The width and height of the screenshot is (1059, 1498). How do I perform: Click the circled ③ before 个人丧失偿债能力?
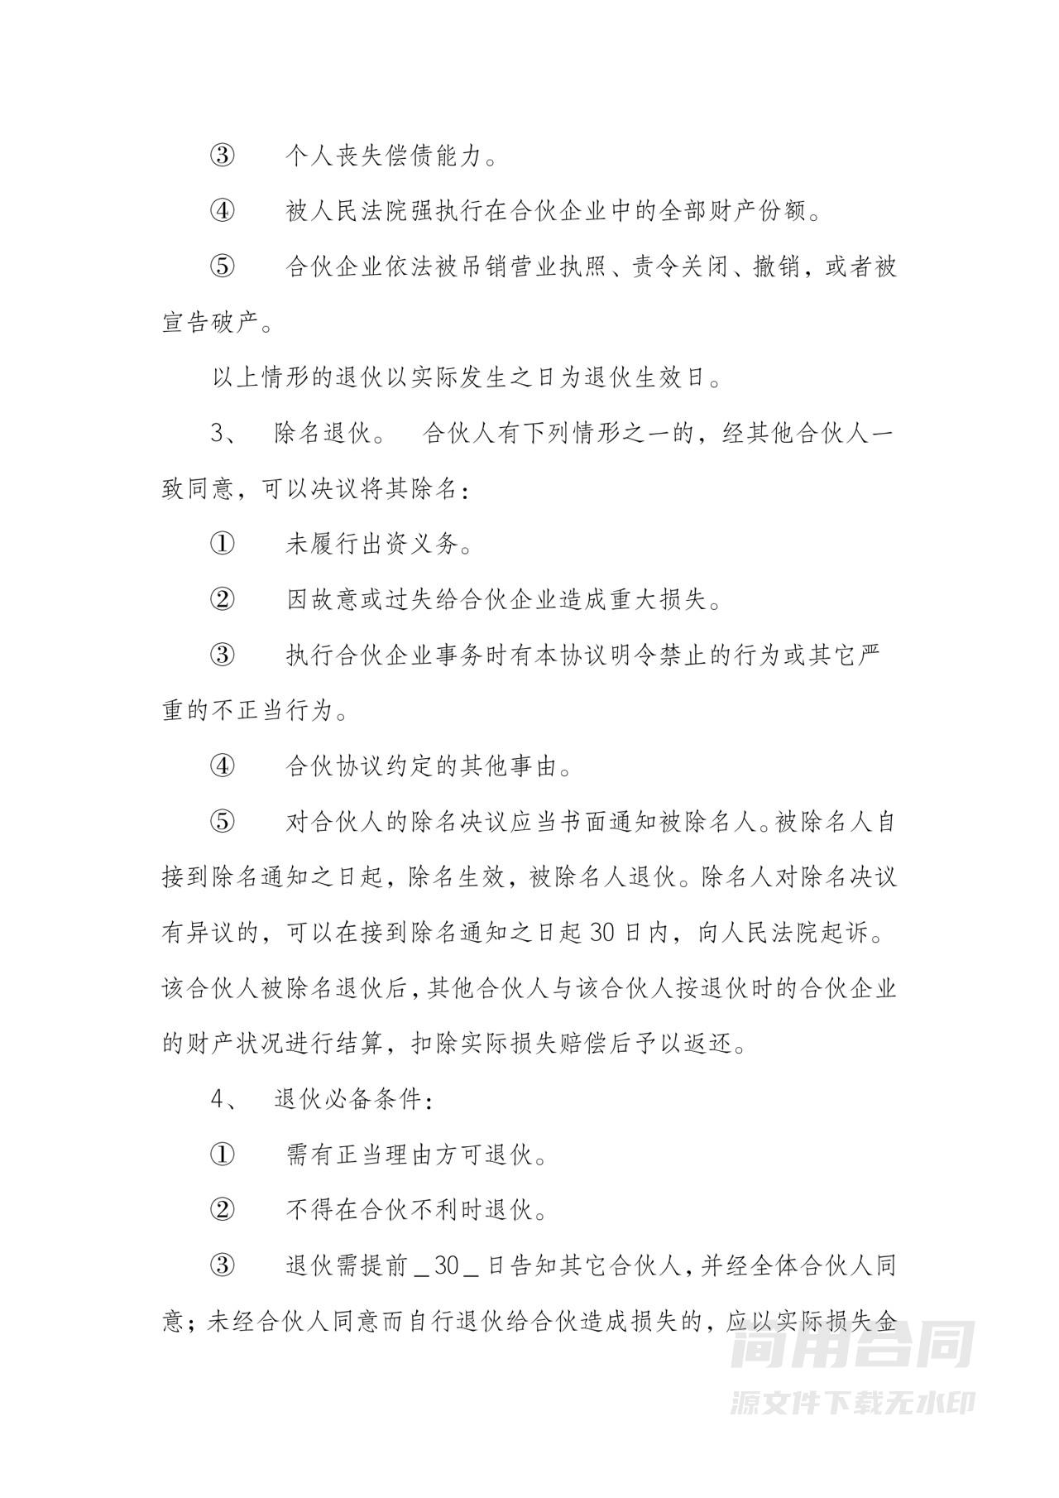222,156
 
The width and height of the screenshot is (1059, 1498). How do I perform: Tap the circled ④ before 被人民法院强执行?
222,212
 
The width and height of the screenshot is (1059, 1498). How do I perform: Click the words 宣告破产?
210,324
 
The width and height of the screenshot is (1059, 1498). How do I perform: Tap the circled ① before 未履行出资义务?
222,545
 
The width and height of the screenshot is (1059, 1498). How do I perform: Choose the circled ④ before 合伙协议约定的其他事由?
222,767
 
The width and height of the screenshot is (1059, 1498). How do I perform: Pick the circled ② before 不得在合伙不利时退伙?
222,1211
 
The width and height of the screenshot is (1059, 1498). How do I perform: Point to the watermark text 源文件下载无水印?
851,1402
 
